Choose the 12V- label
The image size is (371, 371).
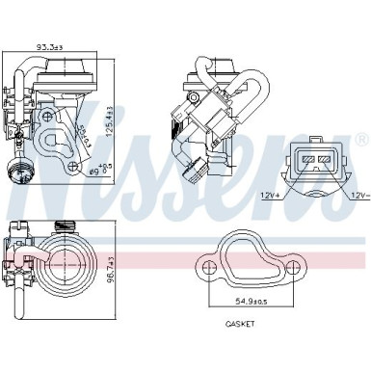[358, 194]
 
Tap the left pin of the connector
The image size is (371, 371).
[308, 159]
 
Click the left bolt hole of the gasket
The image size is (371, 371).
[204, 261]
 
